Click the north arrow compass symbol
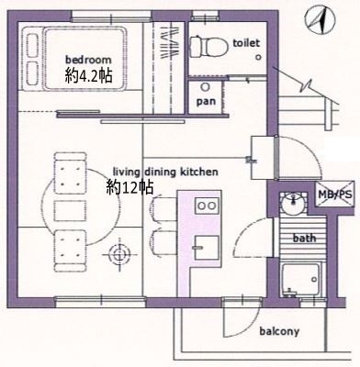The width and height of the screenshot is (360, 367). [320, 21]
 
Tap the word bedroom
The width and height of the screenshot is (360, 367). [88, 59]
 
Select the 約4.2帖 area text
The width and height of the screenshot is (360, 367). [88, 75]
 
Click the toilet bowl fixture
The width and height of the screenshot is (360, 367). [208, 47]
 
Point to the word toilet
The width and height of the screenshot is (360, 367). [246, 43]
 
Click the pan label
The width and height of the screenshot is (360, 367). [206, 102]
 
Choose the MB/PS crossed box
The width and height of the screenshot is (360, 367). [335, 194]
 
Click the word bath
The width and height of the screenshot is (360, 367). [304, 238]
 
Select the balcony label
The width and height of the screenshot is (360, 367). [279, 331]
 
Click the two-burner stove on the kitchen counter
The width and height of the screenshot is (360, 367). [207, 206]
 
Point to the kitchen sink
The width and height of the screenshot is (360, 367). [207, 248]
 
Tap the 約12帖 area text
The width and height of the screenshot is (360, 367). [129, 187]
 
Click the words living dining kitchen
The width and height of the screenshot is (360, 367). [165, 172]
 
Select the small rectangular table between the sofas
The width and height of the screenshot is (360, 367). [70, 211]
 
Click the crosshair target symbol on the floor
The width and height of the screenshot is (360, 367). [118, 254]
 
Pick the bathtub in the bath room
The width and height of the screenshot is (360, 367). [301, 280]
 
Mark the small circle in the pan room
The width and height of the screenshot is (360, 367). [205, 87]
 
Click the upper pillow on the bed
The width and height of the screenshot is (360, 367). [32, 45]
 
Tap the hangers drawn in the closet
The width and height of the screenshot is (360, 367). [169, 43]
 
